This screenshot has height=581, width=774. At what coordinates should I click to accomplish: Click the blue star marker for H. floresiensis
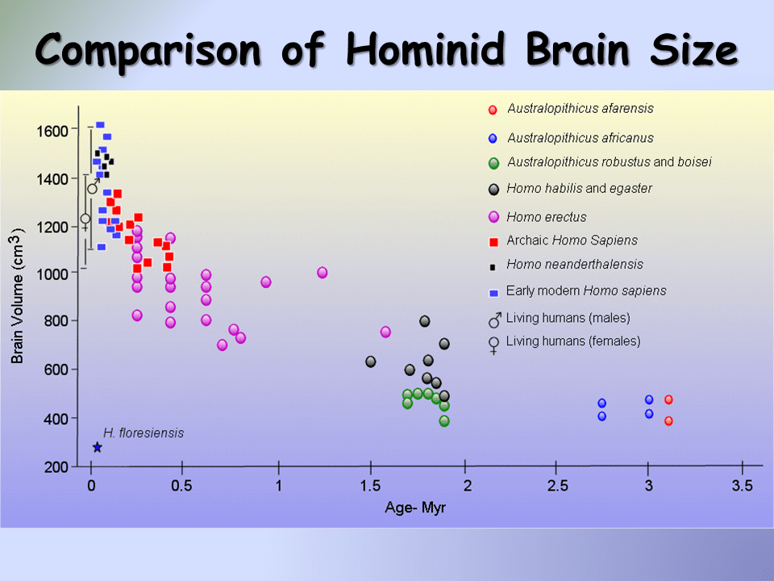point(98,447)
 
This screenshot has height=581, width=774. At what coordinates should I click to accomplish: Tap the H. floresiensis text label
point(143,433)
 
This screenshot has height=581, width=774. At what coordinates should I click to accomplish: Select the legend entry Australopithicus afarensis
point(580,109)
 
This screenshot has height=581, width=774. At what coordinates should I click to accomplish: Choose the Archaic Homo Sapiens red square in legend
point(493,241)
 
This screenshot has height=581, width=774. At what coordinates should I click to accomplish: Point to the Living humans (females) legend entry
point(572,341)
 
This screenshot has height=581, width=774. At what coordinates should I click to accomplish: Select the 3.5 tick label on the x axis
point(742,486)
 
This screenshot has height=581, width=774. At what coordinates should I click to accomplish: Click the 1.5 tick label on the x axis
point(370,486)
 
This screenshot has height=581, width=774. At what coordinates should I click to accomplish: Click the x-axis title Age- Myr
point(414,508)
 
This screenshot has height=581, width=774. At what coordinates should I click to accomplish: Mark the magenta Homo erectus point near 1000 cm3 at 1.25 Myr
point(322,273)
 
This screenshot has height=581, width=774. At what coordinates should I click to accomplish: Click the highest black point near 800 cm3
point(425,321)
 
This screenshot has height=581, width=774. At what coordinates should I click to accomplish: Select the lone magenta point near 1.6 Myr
point(385,332)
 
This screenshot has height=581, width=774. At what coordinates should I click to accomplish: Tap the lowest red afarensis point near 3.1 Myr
point(668,420)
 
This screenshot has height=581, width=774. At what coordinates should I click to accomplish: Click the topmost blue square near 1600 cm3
point(100,125)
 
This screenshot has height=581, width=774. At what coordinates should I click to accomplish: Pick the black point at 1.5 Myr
point(371,362)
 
